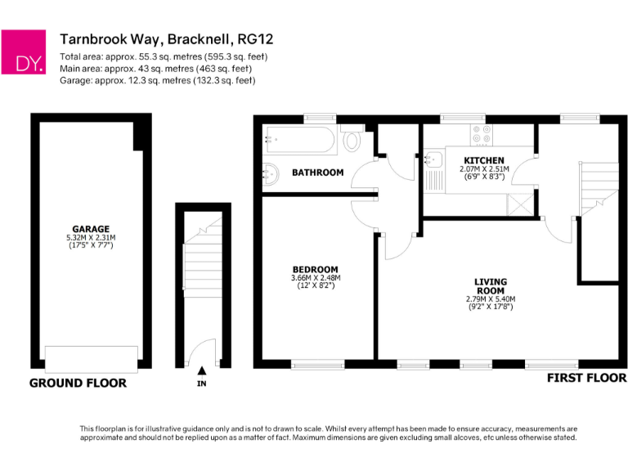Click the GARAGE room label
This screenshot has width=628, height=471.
(90, 228)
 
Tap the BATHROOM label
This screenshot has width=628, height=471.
(318, 173)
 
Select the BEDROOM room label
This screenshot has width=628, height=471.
(315, 269)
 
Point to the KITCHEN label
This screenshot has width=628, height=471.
(484, 160)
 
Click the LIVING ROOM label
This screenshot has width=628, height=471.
(491, 286)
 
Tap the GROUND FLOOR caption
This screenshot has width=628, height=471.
(78, 383)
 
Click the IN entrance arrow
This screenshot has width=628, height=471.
(201, 372)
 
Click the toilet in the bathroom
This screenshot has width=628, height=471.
(352, 140)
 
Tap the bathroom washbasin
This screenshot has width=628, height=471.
(271, 173)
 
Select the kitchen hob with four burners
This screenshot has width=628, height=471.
(479, 133)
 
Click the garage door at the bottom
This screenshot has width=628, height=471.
(91, 358)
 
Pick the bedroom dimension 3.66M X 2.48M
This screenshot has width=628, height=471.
(315, 278)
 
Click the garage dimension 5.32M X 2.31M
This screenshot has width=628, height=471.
(90, 237)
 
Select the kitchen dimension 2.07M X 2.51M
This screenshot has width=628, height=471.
(484, 169)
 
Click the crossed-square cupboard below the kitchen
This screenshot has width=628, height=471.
(521, 204)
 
